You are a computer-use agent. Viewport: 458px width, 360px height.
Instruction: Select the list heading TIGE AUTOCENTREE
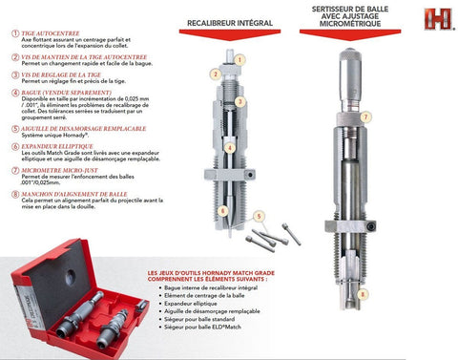(x=49, y=32)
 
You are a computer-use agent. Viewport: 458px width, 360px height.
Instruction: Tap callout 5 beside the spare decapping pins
(x=257, y=217)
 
